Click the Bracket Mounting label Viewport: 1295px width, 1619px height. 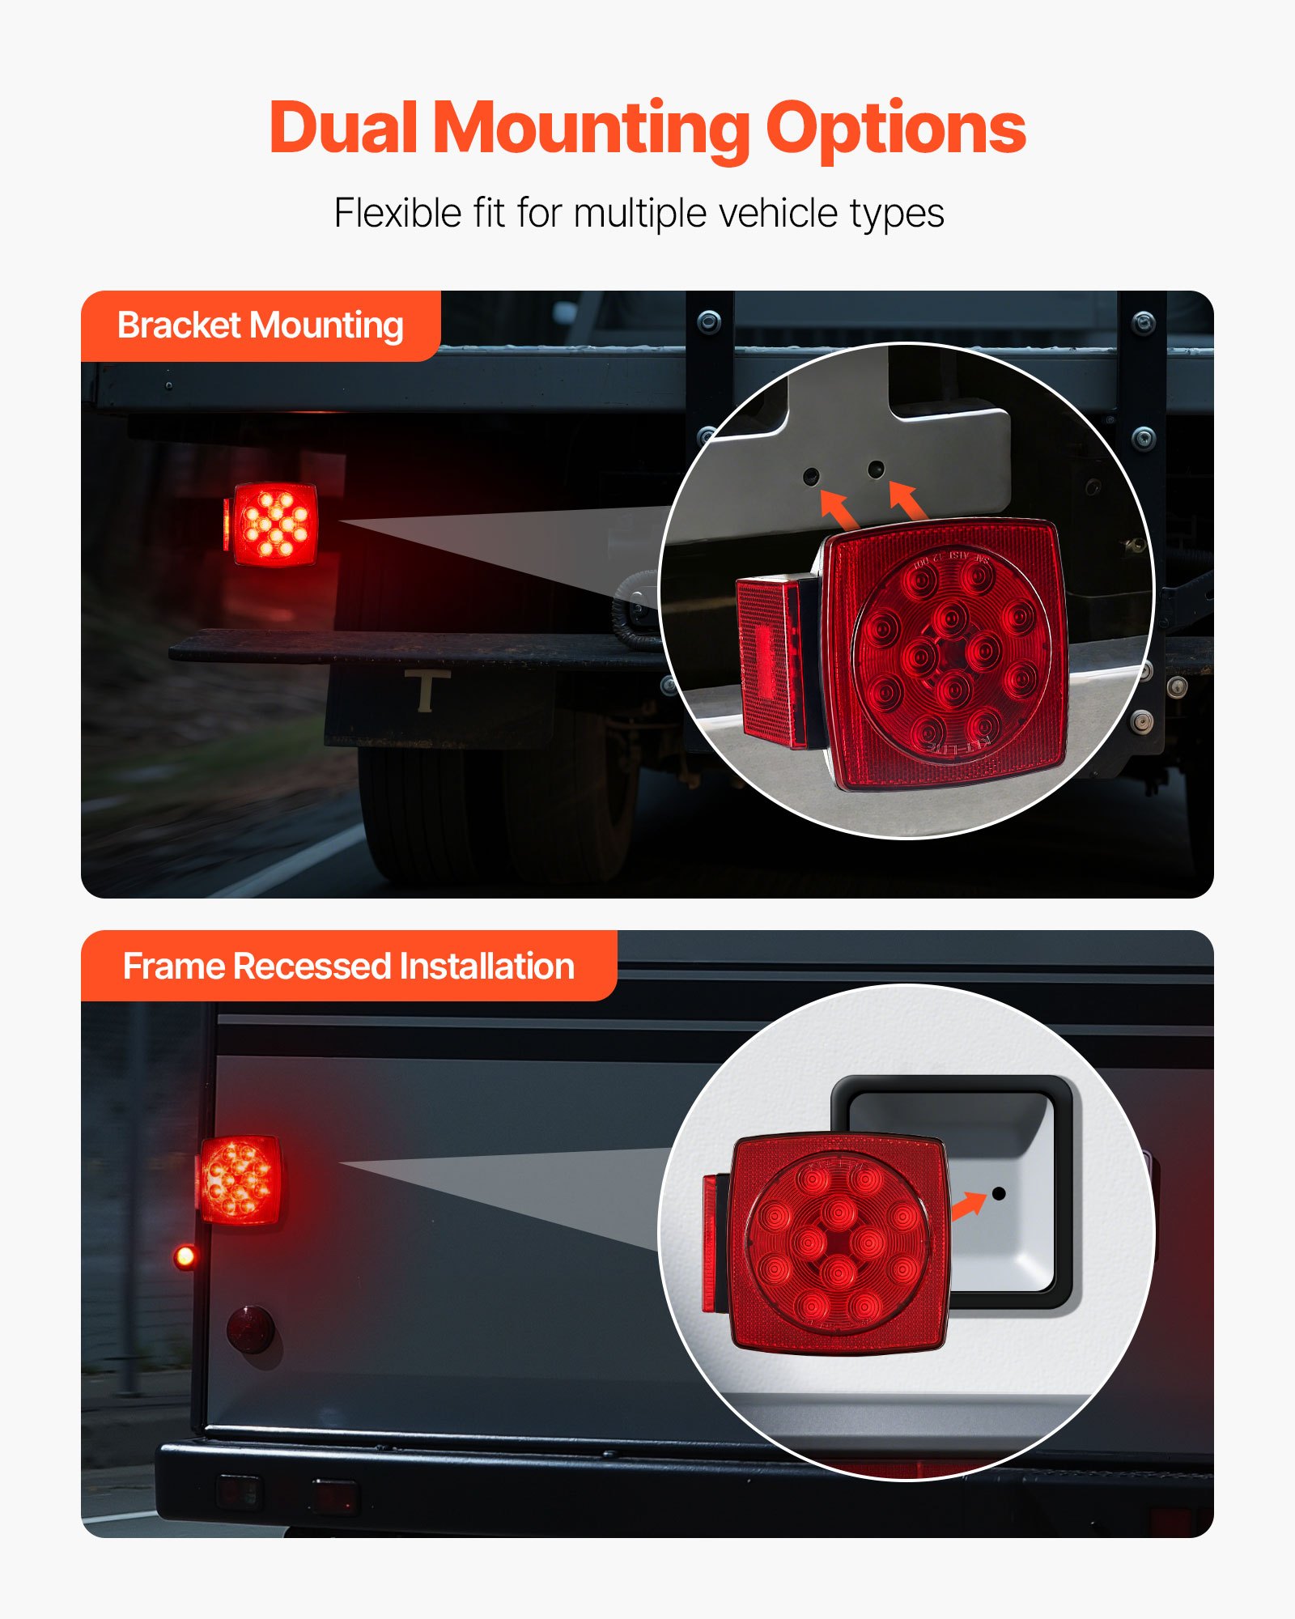pos(260,325)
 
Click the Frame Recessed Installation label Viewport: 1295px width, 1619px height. pos(348,966)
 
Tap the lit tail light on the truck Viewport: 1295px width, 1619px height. pos(274,524)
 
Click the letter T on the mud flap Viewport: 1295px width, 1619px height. pos(427,691)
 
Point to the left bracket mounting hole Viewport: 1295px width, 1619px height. pos(811,475)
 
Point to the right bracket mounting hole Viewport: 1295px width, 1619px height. pos(876,469)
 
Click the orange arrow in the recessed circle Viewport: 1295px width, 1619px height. pos(968,1206)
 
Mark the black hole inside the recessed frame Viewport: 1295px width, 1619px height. pos(999,1193)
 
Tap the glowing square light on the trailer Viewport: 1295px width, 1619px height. pos(240,1179)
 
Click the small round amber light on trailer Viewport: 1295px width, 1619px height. pos(185,1256)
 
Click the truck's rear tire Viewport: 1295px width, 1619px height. pos(494,809)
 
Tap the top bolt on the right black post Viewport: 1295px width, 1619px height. pos(1143,323)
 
